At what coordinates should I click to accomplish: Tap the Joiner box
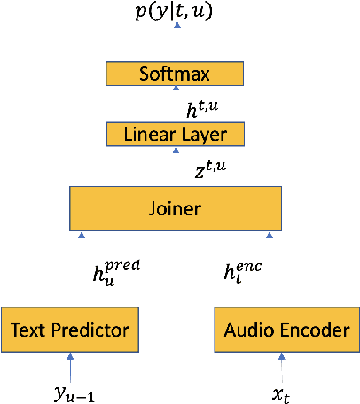click(x=176, y=209)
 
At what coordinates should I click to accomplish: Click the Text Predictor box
click(x=70, y=330)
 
